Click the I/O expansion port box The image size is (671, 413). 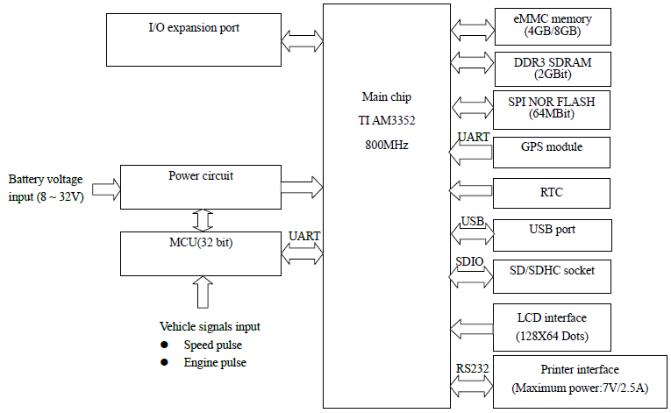(x=193, y=39)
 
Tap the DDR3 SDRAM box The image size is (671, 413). (x=552, y=68)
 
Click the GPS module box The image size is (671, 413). (x=552, y=151)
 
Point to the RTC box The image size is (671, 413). (x=552, y=192)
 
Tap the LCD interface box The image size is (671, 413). (x=552, y=325)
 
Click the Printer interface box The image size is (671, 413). (x=580, y=380)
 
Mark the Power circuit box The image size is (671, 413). (x=200, y=186)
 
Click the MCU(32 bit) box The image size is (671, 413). (x=200, y=252)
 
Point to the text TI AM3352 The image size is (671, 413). (x=387, y=121)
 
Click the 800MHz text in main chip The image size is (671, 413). (x=387, y=145)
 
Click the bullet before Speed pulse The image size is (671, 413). (x=165, y=345)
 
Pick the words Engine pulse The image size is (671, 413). (x=215, y=362)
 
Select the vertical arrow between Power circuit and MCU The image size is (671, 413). (x=202, y=219)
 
